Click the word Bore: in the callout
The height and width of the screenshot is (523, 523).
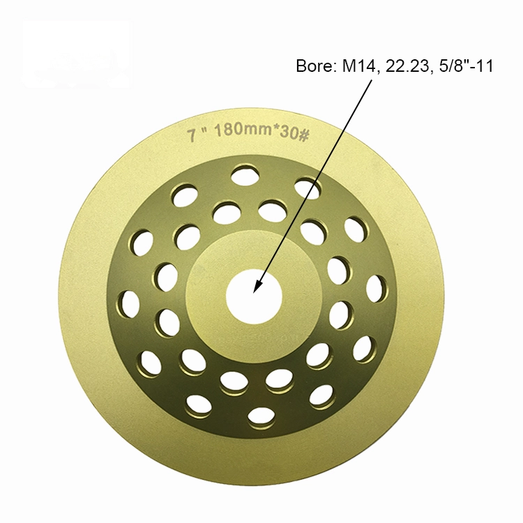(x=313, y=68)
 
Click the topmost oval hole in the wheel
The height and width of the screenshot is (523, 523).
(x=245, y=175)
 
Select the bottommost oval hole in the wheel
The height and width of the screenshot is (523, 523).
(x=261, y=416)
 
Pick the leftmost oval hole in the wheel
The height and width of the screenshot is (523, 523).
(x=130, y=304)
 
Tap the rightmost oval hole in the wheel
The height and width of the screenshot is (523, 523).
(x=376, y=288)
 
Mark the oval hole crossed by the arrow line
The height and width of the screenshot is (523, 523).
(x=308, y=188)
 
